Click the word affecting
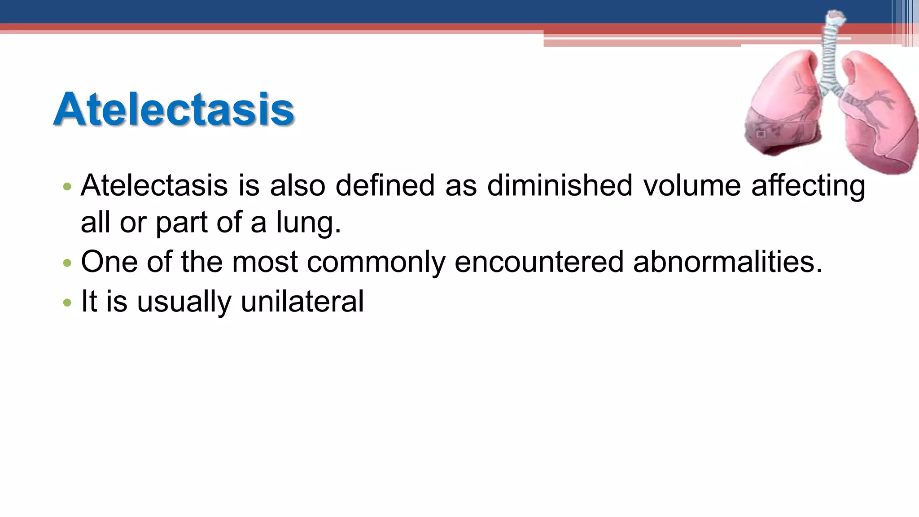(808, 186)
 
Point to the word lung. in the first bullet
(308, 223)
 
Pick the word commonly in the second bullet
(376, 263)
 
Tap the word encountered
(538, 262)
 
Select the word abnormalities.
(728, 262)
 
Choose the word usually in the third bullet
(184, 302)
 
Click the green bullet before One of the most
(67, 263)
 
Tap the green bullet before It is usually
(67, 302)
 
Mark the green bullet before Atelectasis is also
(67, 186)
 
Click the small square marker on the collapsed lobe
(761, 134)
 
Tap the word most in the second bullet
(265, 263)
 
